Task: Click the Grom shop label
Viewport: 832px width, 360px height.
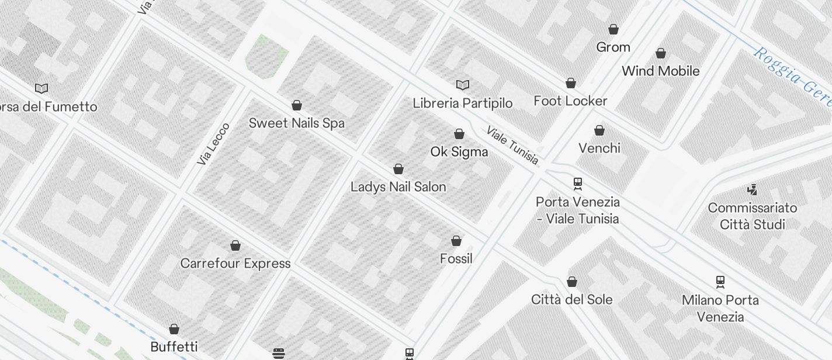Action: click(x=613, y=47)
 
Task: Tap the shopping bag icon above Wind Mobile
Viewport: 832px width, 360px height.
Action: click(x=661, y=54)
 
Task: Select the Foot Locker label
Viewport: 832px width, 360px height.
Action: click(x=570, y=101)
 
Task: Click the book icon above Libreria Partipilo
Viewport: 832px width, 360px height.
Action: click(x=463, y=85)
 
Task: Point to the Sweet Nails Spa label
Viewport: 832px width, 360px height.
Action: click(x=296, y=123)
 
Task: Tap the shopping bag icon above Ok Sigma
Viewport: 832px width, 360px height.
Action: click(x=459, y=134)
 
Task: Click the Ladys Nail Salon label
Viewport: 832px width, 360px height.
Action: click(x=398, y=187)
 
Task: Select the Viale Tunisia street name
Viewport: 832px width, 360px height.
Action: click(x=512, y=146)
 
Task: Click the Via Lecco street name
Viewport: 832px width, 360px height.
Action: click(x=213, y=144)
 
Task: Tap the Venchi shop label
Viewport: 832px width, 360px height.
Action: click(x=599, y=148)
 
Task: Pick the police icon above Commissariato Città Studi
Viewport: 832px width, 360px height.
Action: click(x=752, y=189)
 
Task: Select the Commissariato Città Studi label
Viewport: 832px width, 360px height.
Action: click(x=752, y=216)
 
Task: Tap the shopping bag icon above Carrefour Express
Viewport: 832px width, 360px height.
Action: click(x=235, y=245)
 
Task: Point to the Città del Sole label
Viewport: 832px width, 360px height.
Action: click(x=571, y=300)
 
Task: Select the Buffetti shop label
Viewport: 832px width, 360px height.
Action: click(x=174, y=347)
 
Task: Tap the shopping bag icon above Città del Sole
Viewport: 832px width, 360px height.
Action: click(x=572, y=282)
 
